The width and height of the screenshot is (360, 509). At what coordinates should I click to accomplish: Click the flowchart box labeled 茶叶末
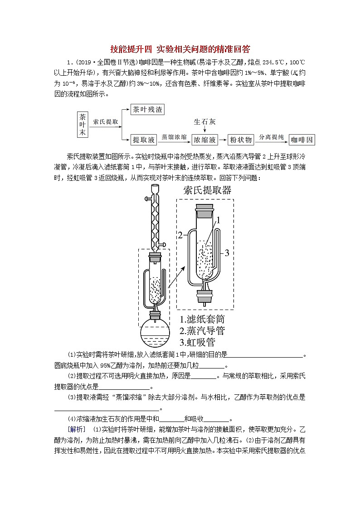pos(82,124)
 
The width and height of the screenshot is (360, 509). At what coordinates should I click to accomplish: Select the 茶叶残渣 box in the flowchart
pos(147,110)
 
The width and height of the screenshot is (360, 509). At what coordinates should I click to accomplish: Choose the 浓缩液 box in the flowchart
pos(205,139)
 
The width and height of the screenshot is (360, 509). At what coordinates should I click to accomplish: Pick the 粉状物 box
pos(242,139)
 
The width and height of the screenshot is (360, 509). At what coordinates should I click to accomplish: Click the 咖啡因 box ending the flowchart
pos(302,140)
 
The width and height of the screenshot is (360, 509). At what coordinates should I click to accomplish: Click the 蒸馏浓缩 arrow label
pos(174,136)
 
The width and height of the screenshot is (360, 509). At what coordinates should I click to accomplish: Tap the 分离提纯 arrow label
pos(271,136)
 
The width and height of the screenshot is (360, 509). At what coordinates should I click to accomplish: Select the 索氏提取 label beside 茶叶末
pos(106,122)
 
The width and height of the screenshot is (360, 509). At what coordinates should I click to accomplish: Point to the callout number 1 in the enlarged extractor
pos(218,221)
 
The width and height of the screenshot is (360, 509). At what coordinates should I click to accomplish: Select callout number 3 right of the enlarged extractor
pos(228,252)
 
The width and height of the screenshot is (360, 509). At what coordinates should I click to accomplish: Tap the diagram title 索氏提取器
pos(207,190)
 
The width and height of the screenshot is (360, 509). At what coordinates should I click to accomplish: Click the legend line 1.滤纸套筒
pos(202,318)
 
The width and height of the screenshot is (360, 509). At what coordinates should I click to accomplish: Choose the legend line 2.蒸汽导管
pos(202,330)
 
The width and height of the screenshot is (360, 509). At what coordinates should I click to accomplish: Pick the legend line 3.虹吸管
pos(197,342)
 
